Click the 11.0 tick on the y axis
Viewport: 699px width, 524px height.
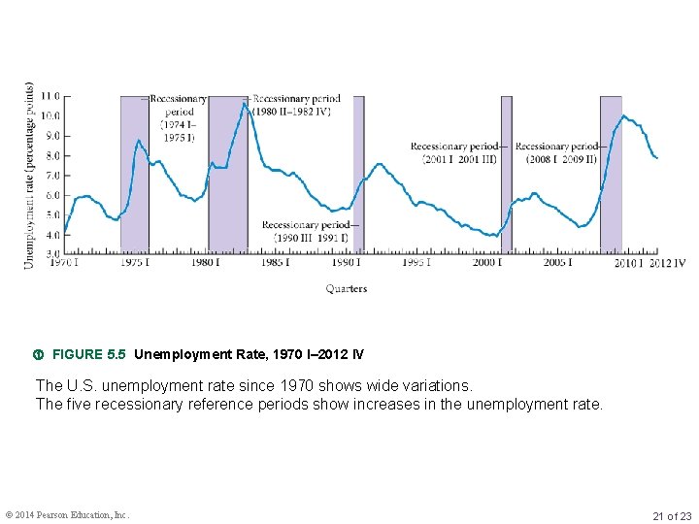coord(49,96)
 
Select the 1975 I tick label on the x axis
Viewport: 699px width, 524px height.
coord(134,262)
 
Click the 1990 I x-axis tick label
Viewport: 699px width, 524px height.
coord(347,262)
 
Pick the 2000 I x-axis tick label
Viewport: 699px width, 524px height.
coord(487,262)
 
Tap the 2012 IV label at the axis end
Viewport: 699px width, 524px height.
coord(667,262)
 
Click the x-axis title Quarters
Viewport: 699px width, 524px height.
coord(347,288)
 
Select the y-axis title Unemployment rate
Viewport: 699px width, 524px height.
coord(30,176)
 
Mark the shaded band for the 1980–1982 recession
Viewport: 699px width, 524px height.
coord(227,194)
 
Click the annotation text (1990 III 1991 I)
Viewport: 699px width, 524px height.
coord(310,238)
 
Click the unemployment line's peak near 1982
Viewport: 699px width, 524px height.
coord(245,103)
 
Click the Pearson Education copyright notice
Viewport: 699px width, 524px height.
coord(67,515)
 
